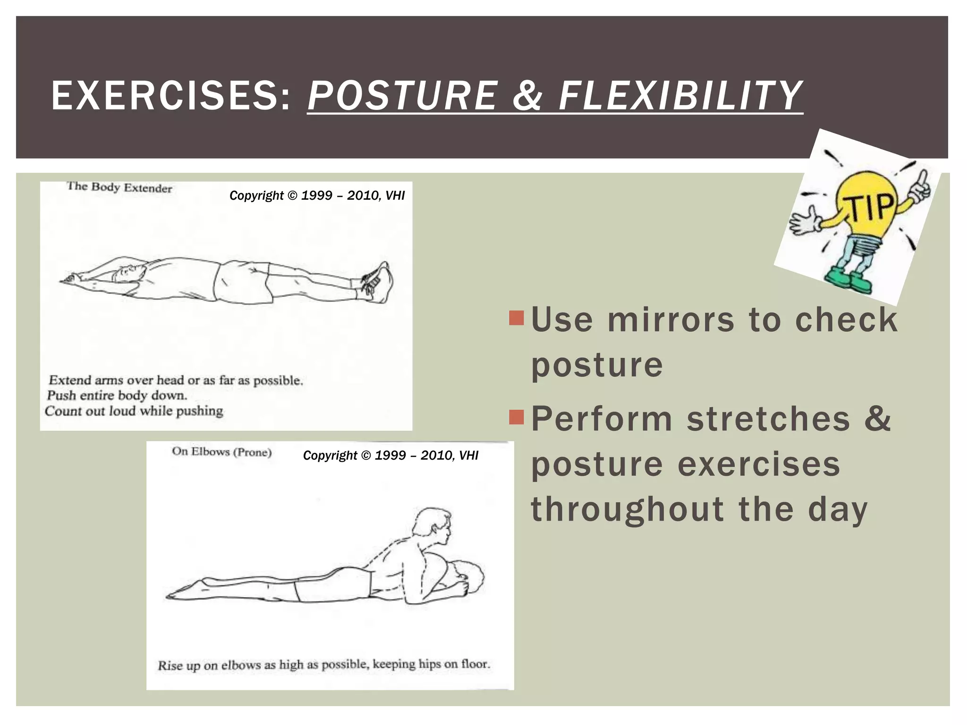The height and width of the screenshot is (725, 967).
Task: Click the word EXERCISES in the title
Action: pyautogui.click(x=170, y=96)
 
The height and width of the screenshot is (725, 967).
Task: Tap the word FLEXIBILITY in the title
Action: pyautogui.click(x=680, y=96)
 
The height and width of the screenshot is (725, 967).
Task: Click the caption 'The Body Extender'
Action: pyautogui.click(x=119, y=187)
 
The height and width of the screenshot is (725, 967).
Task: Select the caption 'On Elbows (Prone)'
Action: pyautogui.click(x=221, y=452)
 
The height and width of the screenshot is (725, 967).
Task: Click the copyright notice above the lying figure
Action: pyautogui.click(x=317, y=195)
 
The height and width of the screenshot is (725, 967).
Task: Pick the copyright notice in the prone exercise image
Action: pyautogui.click(x=390, y=455)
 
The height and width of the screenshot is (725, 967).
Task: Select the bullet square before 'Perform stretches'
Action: pyautogui.click(x=517, y=417)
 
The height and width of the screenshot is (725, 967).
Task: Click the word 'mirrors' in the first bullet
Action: pyautogui.click(x=670, y=320)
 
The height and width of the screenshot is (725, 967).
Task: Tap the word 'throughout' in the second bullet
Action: pyautogui.click(x=628, y=510)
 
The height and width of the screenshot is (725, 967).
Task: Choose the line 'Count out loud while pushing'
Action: pyautogui.click(x=134, y=411)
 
